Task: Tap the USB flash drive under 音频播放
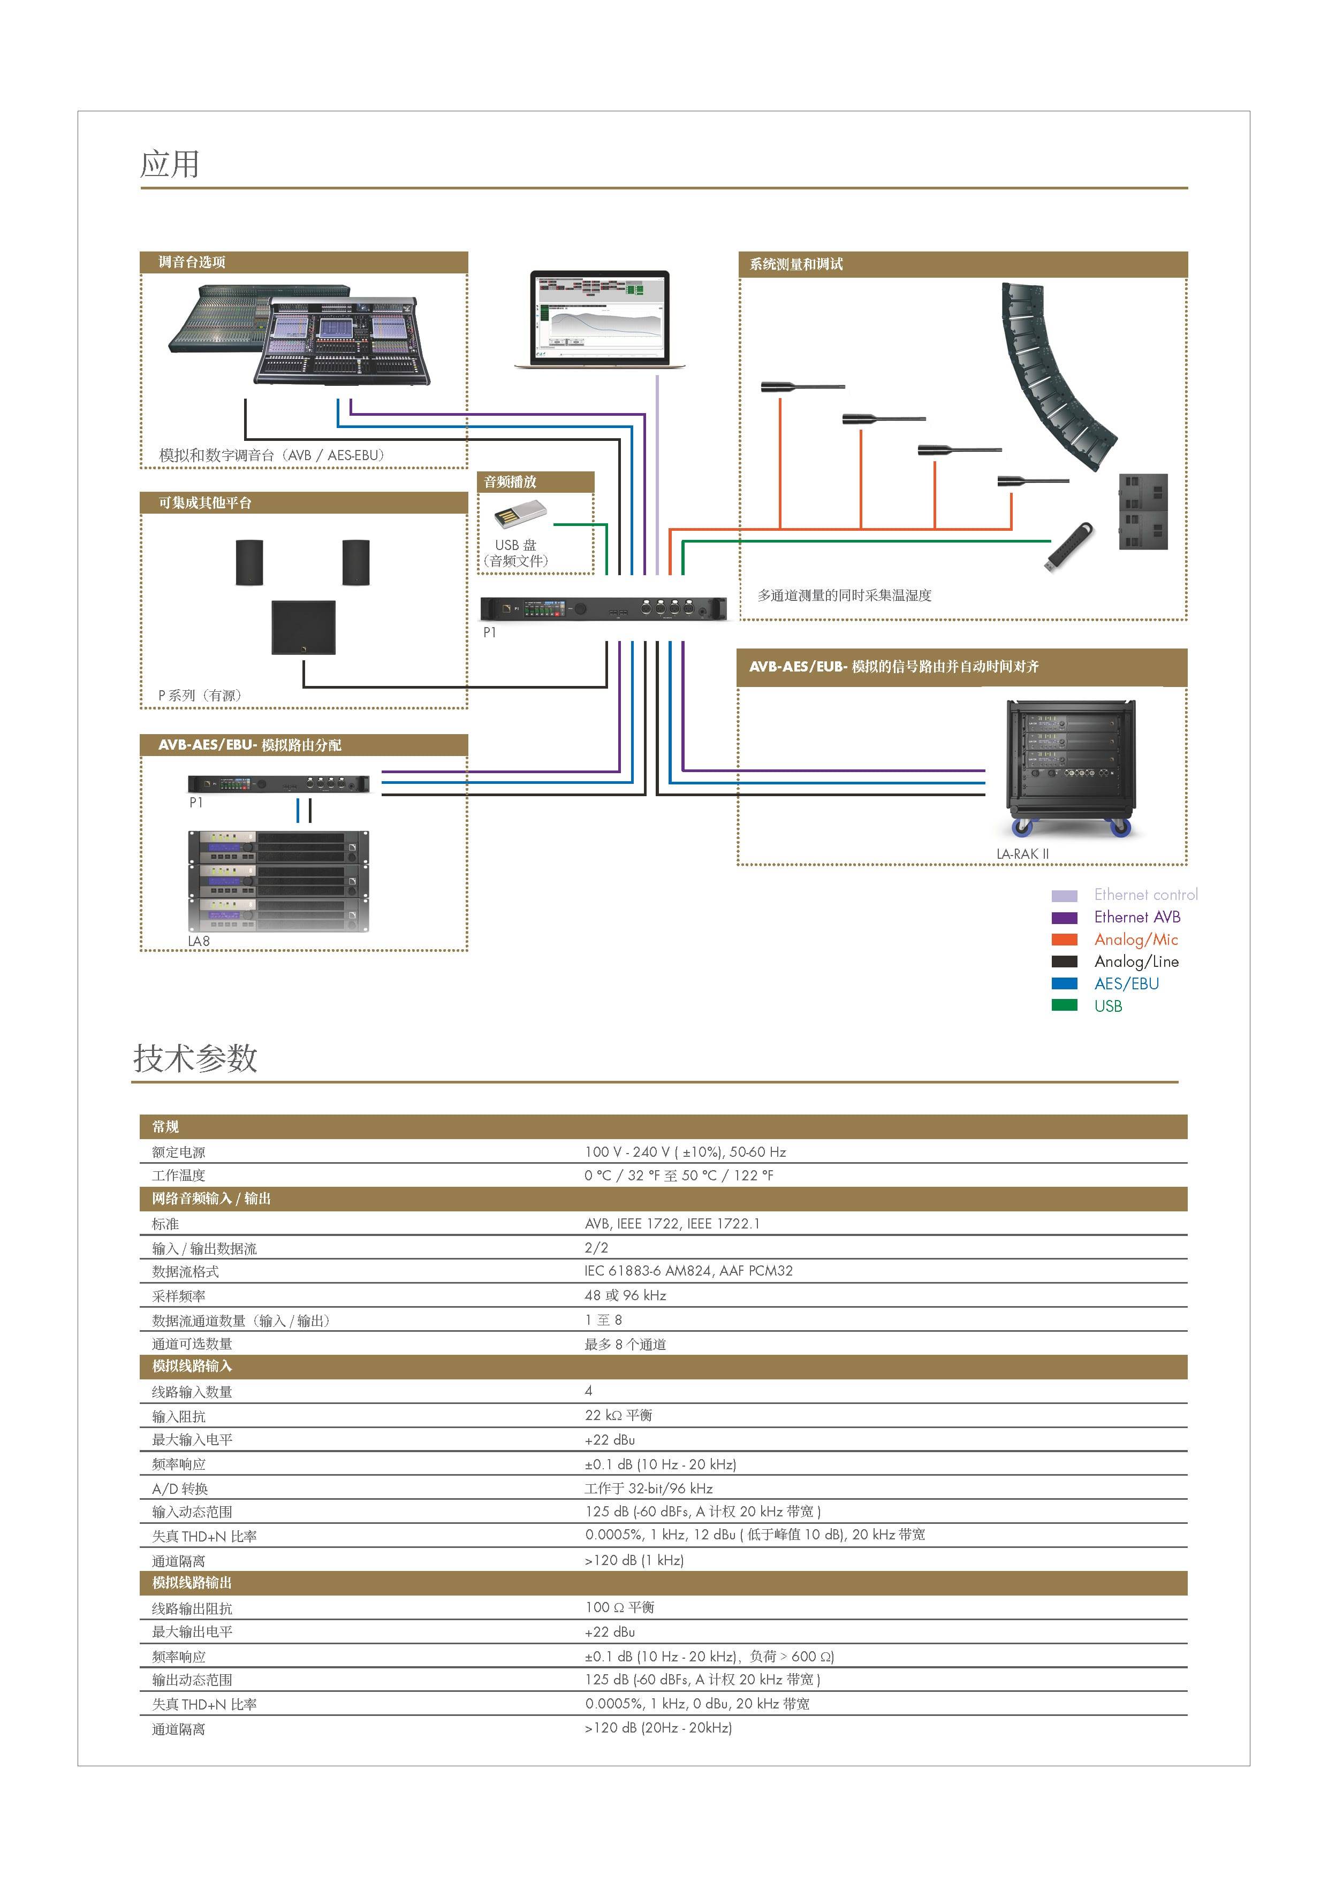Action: [x=519, y=516]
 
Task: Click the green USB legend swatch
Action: [x=1064, y=1005]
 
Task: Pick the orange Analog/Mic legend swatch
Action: [x=1064, y=940]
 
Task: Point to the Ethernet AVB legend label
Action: [x=1137, y=917]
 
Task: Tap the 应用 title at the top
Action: [x=170, y=164]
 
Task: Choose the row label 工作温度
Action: [x=178, y=1176]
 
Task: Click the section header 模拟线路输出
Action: [x=192, y=1583]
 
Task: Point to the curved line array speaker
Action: [x=1055, y=376]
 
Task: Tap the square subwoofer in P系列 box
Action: [x=303, y=627]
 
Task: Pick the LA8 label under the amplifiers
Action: [x=199, y=941]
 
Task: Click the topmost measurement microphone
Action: [x=801, y=387]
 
